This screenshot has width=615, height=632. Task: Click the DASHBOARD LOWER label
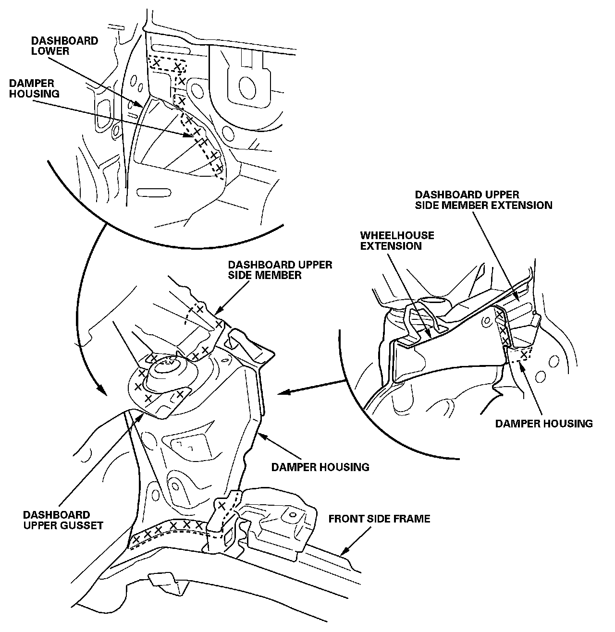(x=64, y=46)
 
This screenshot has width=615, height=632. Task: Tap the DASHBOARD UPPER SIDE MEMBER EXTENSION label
(x=483, y=200)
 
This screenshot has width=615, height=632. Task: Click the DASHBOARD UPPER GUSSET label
(x=63, y=520)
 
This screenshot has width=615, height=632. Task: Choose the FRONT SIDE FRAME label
(x=379, y=519)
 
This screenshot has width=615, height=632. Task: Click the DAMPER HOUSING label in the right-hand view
(x=543, y=424)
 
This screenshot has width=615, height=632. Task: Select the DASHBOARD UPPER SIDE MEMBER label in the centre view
(x=280, y=270)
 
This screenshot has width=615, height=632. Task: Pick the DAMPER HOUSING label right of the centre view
(x=320, y=466)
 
